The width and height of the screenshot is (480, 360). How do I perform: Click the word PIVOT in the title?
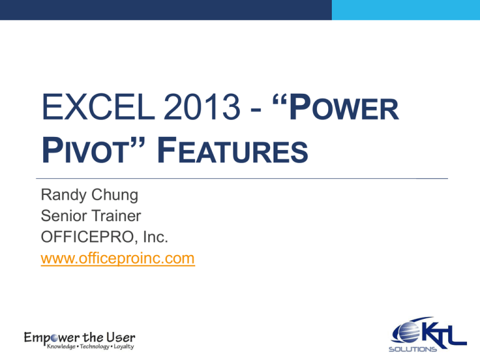tap(90, 151)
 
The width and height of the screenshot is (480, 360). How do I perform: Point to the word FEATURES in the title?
tap(238, 151)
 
